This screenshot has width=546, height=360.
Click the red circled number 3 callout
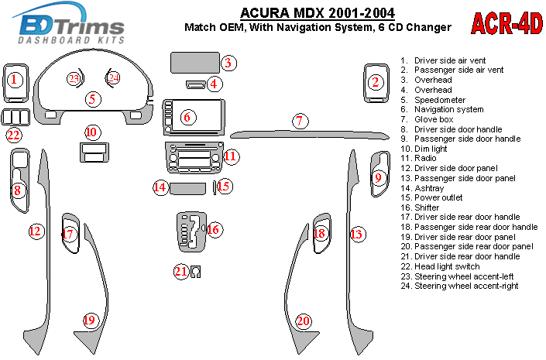[228, 63]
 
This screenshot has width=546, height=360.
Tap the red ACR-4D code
[507, 23]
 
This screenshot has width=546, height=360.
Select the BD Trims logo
[68, 24]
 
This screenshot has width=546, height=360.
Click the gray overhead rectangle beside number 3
[195, 63]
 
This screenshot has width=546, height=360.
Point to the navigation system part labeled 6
[194, 118]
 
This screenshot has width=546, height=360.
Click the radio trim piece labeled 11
[194, 158]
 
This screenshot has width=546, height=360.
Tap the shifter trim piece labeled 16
[191, 231]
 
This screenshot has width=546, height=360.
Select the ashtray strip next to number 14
[187, 188]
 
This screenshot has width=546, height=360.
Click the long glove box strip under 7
[310, 135]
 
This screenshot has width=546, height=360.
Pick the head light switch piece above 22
[15, 117]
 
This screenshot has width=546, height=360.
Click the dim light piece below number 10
[94, 153]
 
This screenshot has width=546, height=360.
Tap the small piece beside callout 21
[196, 272]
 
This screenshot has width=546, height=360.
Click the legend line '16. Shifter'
[420, 207]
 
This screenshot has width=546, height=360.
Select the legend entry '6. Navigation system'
[442, 109]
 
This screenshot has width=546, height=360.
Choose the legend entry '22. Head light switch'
[440, 266]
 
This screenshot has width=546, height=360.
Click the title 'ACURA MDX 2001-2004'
[318, 13]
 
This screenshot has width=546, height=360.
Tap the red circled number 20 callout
[303, 321]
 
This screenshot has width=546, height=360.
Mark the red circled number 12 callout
[36, 231]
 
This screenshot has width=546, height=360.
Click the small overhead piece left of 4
[196, 84]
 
